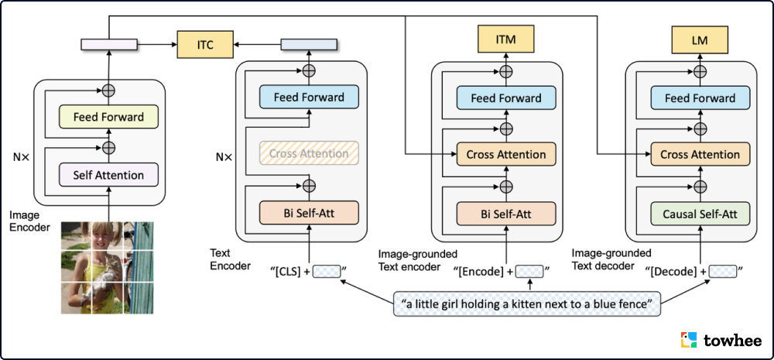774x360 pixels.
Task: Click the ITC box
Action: (205, 46)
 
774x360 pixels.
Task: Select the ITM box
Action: (506, 38)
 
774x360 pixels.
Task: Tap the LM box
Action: (700, 38)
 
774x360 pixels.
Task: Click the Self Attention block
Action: (108, 175)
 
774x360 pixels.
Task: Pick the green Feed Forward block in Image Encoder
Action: (108, 117)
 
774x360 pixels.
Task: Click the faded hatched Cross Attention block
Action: (309, 153)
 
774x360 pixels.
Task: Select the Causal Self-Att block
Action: (700, 212)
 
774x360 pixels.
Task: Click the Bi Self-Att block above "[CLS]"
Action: (309, 212)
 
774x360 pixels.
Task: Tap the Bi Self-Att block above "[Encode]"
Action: (506, 212)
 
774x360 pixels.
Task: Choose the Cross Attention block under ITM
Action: (506, 154)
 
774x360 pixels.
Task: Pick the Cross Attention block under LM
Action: (700, 154)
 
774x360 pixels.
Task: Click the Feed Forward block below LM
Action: (700, 98)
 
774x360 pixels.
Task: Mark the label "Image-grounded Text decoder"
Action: (611, 259)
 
